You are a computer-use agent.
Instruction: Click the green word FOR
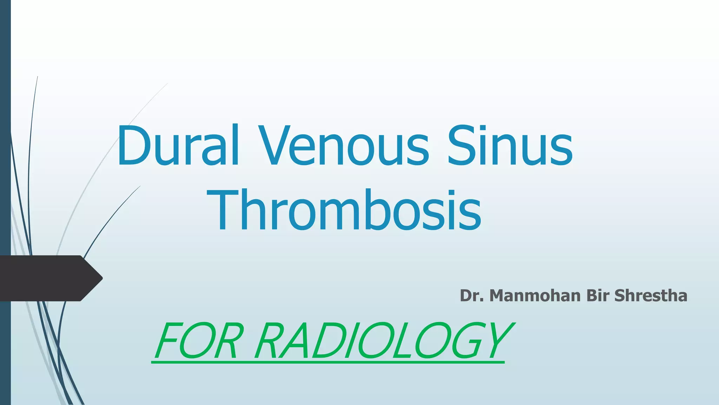(x=199, y=341)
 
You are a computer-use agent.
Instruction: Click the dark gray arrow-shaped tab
(x=49, y=278)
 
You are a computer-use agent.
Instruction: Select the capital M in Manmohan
(x=499, y=296)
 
